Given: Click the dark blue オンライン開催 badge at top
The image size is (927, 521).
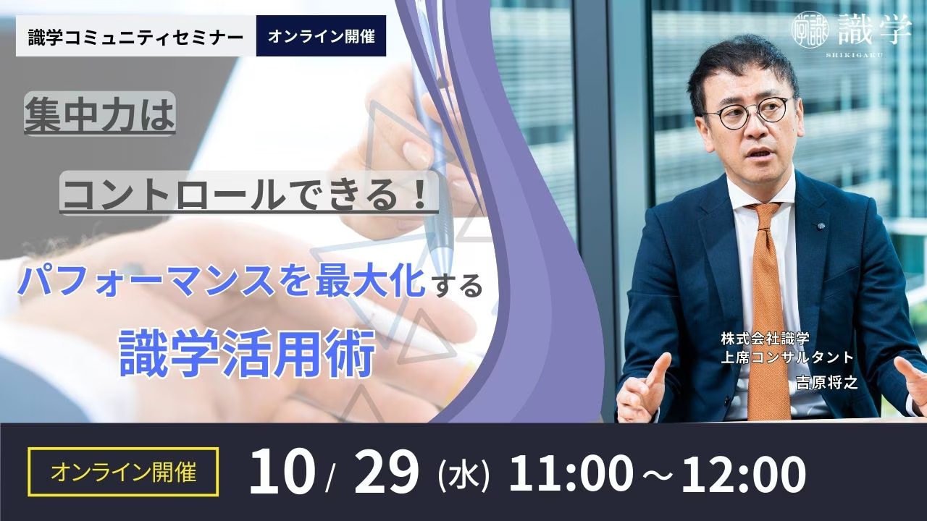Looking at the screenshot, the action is [321, 36].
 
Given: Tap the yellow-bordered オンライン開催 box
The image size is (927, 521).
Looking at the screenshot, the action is [123, 472].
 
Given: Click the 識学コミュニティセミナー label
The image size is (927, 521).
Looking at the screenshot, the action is [136, 36].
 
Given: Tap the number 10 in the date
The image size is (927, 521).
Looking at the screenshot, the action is [280, 472].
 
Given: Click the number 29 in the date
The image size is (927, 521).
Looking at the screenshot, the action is [387, 472].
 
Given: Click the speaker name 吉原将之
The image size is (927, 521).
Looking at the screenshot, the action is [827, 383].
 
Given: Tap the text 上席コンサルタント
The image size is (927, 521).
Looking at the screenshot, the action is [787, 357].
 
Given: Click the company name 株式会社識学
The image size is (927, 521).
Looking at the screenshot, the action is [765, 339].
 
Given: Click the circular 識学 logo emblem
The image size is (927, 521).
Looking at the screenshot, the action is [810, 30].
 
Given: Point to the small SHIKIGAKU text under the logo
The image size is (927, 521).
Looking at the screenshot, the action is [852, 55].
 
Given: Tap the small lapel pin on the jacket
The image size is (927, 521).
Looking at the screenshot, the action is [820, 226].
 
